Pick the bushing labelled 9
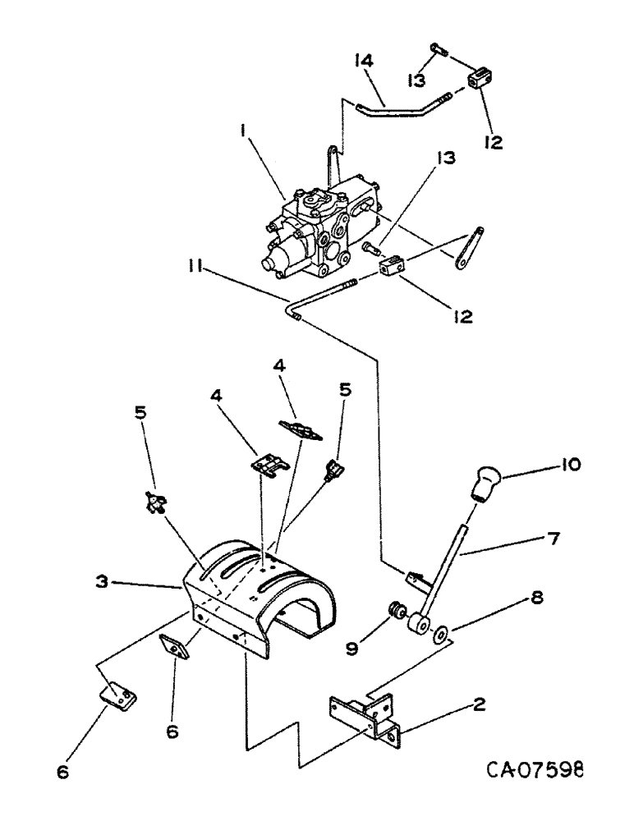click(397, 612)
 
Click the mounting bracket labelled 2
click(365, 716)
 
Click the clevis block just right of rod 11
click(393, 268)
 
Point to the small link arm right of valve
click(466, 247)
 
